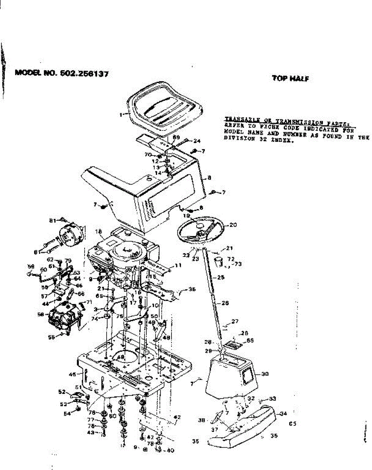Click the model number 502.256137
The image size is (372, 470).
(84, 73)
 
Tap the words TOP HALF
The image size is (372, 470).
(291, 78)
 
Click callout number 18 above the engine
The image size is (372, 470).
(98, 232)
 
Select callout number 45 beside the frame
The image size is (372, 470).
(72, 374)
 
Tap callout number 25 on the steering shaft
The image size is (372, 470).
(221, 277)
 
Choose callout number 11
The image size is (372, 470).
(179, 265)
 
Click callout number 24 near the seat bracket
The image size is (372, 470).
(197, 141)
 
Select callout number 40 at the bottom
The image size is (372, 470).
(170, 450)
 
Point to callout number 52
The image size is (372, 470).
(61, 391)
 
